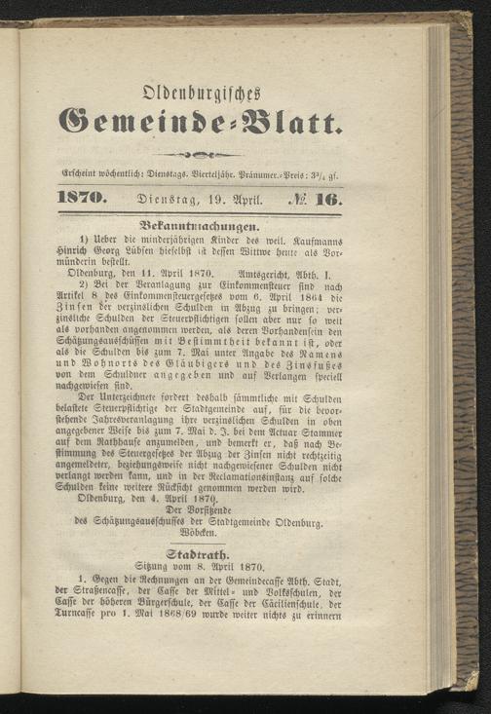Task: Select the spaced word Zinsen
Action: [80, 316]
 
